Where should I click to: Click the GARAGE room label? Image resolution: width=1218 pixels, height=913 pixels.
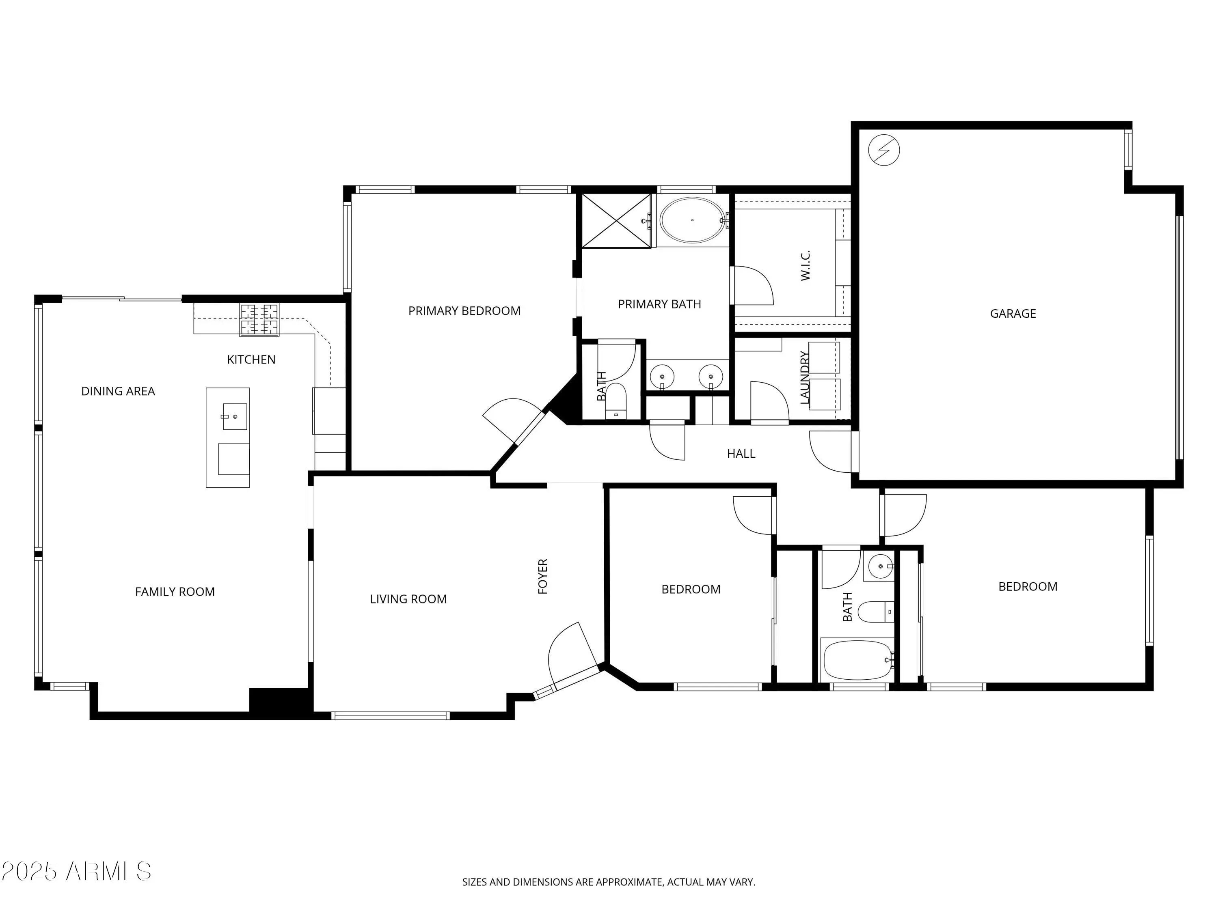point(1013,314)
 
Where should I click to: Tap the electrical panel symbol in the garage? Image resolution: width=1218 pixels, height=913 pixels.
point(884,150)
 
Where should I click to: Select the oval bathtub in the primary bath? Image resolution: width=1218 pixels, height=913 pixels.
point(692,220)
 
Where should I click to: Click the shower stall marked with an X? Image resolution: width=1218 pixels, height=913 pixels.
point(616,221)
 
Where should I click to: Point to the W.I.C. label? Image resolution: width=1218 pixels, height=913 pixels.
point(806,265)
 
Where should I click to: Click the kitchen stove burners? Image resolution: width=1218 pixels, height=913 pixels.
point(259,320)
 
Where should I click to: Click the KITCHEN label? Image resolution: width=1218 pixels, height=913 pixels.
point(251,360)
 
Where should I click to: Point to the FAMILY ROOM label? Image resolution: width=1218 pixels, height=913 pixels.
point(175,592)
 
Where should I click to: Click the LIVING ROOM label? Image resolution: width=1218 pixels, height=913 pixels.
point(408,599)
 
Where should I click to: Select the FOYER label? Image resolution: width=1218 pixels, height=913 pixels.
point(542,576)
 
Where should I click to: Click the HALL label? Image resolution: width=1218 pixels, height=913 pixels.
point(741,454)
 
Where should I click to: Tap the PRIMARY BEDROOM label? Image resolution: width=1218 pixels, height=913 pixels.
point(464,311)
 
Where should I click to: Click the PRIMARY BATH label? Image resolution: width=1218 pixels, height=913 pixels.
point(659,304)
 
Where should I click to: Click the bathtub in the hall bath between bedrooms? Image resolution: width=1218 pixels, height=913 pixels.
point(856,660)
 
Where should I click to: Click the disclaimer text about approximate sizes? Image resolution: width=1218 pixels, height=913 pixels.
point(609,882)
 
